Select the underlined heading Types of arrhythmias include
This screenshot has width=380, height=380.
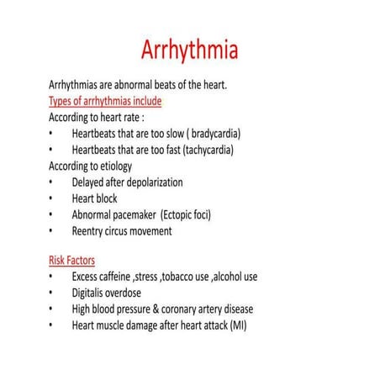[105, 101]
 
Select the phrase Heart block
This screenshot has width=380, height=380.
[95, 198]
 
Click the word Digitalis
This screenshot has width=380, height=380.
[92, 293]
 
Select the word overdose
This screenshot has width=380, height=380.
[140, 293]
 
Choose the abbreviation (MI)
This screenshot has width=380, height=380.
[238, 325]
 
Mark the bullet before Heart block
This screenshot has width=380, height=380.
[51, 198]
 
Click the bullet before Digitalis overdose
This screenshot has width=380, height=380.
[51, 293]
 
